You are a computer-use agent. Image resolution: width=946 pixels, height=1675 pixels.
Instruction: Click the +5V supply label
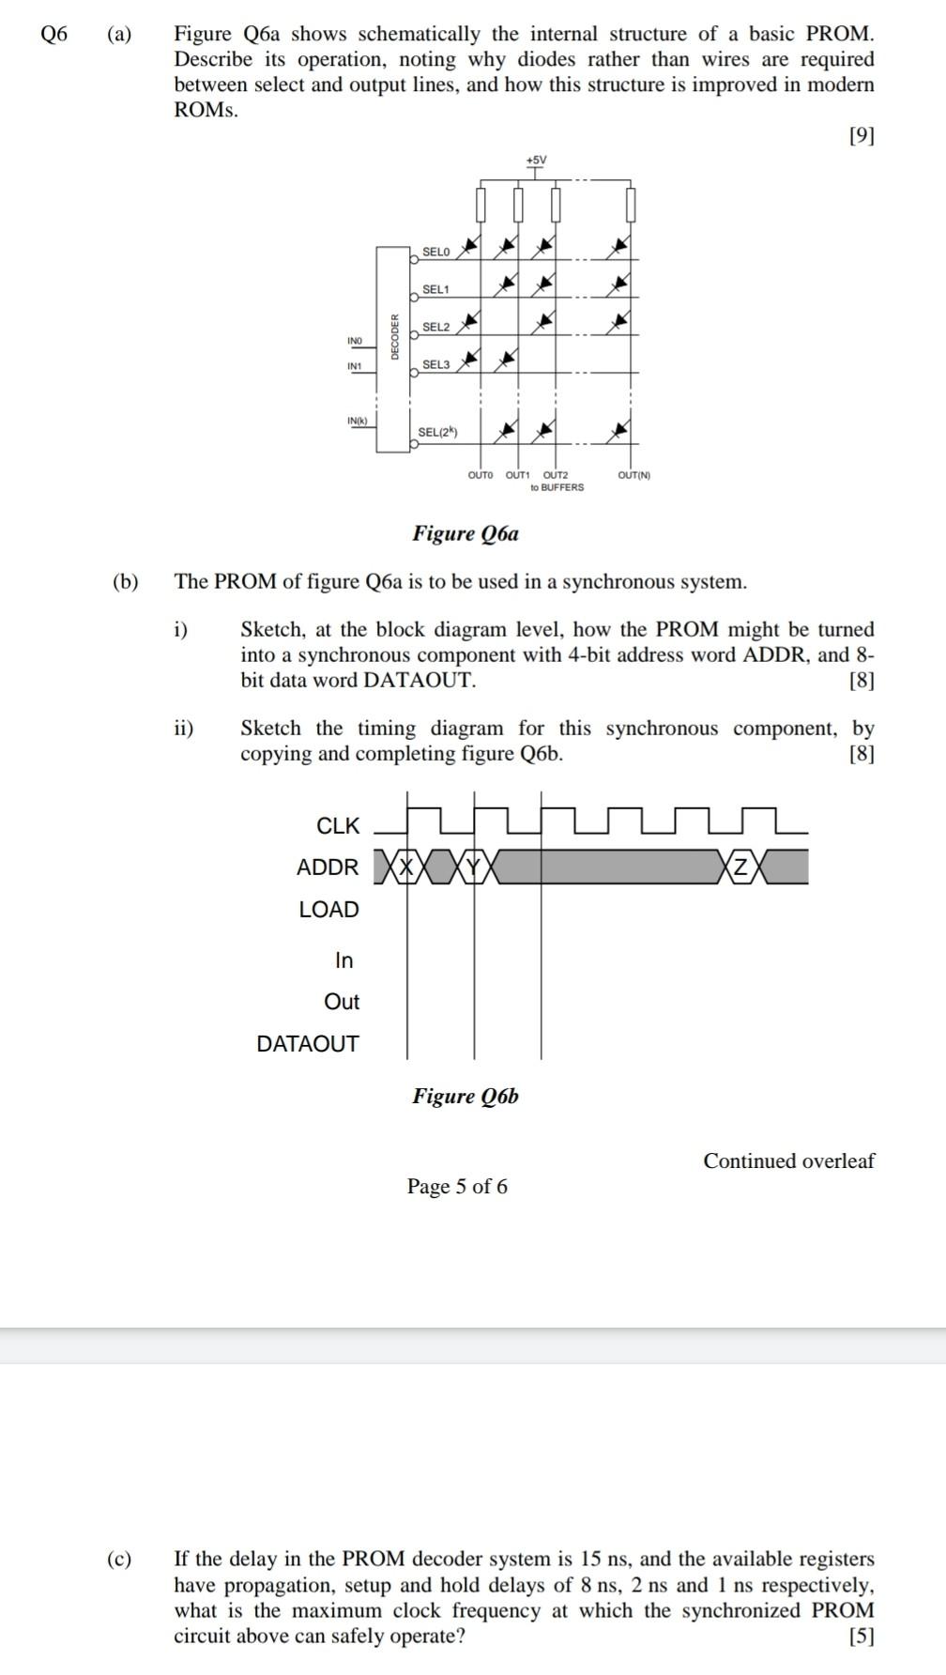(536, 161)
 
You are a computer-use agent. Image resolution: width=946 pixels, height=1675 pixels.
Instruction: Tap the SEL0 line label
(436, 252)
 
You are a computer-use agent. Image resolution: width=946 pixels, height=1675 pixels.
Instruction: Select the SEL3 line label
(436, 364)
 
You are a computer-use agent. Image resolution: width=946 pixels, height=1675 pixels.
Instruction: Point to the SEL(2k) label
(437, 432)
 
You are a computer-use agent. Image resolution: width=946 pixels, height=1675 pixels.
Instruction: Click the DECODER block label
(395, 336)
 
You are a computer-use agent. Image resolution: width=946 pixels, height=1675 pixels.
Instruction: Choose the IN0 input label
(355, 340)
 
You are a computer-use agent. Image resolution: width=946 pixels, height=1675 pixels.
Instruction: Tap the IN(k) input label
(357, 420)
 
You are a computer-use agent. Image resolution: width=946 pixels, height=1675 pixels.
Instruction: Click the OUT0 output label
(481, 475)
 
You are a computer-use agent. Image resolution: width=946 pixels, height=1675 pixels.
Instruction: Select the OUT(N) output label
(634, 475)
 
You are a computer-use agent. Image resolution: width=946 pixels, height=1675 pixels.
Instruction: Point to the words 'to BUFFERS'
(557, 487)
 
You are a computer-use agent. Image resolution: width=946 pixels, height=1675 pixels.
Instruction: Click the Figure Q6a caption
(465, 534)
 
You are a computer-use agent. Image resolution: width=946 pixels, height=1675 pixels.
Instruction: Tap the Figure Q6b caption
(465, 1097)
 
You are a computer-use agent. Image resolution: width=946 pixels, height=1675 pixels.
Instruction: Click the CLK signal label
(338, 826)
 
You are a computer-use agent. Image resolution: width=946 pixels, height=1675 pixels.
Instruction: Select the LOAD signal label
(328, 910)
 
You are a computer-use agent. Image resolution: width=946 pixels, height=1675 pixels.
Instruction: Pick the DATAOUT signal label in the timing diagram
(308, 1044)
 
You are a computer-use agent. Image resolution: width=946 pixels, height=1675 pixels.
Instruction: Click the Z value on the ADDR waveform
(741, 867)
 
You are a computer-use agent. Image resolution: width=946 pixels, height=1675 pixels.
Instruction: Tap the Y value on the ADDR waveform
(474, 867)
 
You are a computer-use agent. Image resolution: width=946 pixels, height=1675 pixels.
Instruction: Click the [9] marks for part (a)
(861, 136)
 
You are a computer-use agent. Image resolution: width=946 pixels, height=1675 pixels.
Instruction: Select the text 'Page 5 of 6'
(457, 1187)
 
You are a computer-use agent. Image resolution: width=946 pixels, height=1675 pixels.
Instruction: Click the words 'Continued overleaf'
(788, 1161)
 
